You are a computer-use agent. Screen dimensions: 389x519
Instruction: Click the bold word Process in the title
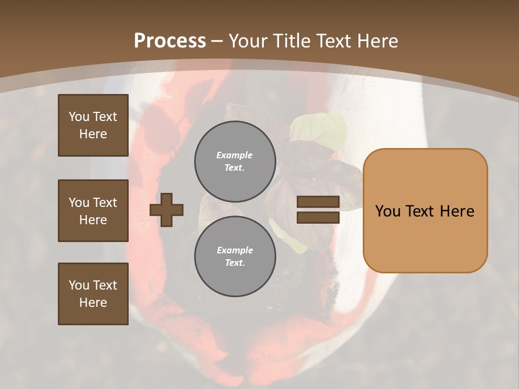tap(170, 41)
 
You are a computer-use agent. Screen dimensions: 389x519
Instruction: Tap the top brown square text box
tap(93, 125)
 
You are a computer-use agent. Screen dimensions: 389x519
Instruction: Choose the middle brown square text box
tap(93, 211)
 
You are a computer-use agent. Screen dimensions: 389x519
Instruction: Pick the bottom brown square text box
tap(93, 294)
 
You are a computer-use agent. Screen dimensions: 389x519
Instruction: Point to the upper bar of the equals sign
tap(318, 202)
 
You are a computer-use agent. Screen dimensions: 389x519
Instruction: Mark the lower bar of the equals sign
tap(318, 217)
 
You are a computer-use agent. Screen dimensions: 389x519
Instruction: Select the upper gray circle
tap(235, 162)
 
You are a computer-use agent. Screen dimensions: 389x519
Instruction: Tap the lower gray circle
tap(235, 256)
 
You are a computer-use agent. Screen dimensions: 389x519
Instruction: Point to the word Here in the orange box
tap(457, 211)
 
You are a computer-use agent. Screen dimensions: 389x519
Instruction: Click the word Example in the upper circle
tap(235, 156)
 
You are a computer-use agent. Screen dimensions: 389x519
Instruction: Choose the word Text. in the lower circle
tap(235, 263)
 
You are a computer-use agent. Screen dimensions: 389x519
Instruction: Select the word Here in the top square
tap(93, 134)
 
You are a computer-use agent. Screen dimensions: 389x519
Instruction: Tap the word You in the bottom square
tap(79, 285)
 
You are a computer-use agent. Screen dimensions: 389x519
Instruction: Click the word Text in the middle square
tap(105, 203)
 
